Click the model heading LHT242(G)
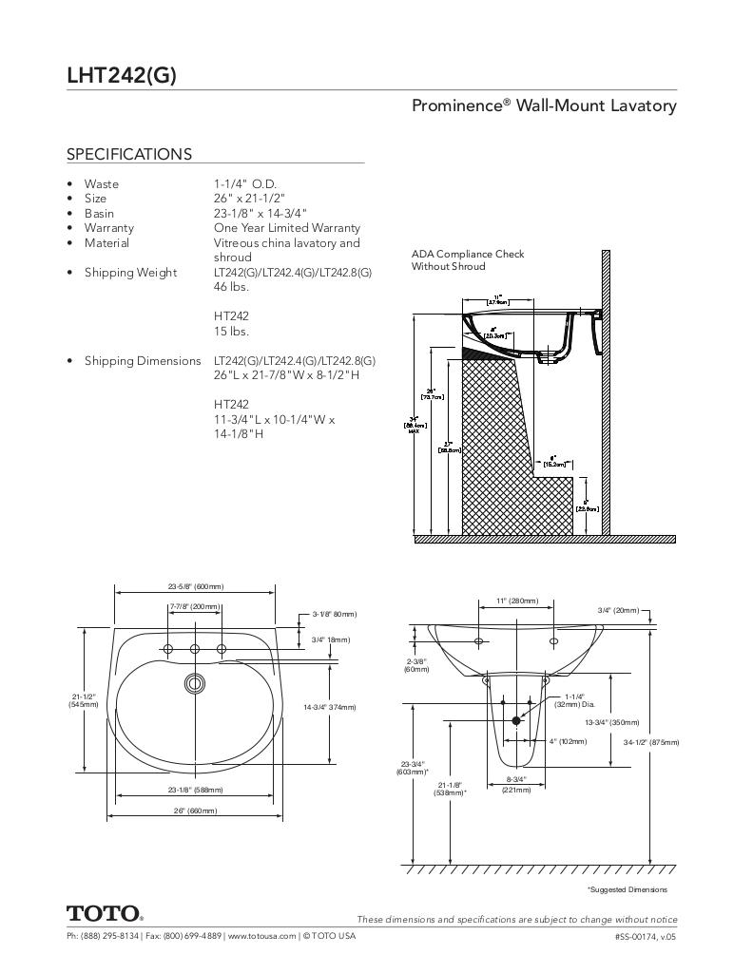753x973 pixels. (x=121, y=76)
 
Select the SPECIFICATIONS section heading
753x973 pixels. (x=128, y=154)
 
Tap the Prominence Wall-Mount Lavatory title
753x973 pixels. (x=544, y=105)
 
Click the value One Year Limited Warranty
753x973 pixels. (x=286, y=228)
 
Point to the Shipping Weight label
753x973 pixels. (x=130, y=273)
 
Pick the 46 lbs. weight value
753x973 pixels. (x=231, y=287)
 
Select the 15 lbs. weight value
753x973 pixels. (x=231, y=332)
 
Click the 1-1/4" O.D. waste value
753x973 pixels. (x=245, y=183)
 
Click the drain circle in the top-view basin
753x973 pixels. (x=195, y=681)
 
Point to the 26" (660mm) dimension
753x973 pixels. (x=195, y=811)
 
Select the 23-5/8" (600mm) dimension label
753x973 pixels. (x=196, y=587)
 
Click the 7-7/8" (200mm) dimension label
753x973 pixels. (x=195, y=606)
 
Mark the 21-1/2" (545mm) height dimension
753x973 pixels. (x=83, y=700)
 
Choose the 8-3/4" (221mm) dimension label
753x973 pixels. (x=516, y=784)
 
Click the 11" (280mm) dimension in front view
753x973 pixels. (x=517, y=601)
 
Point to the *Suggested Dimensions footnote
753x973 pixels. (x=627, y=889)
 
